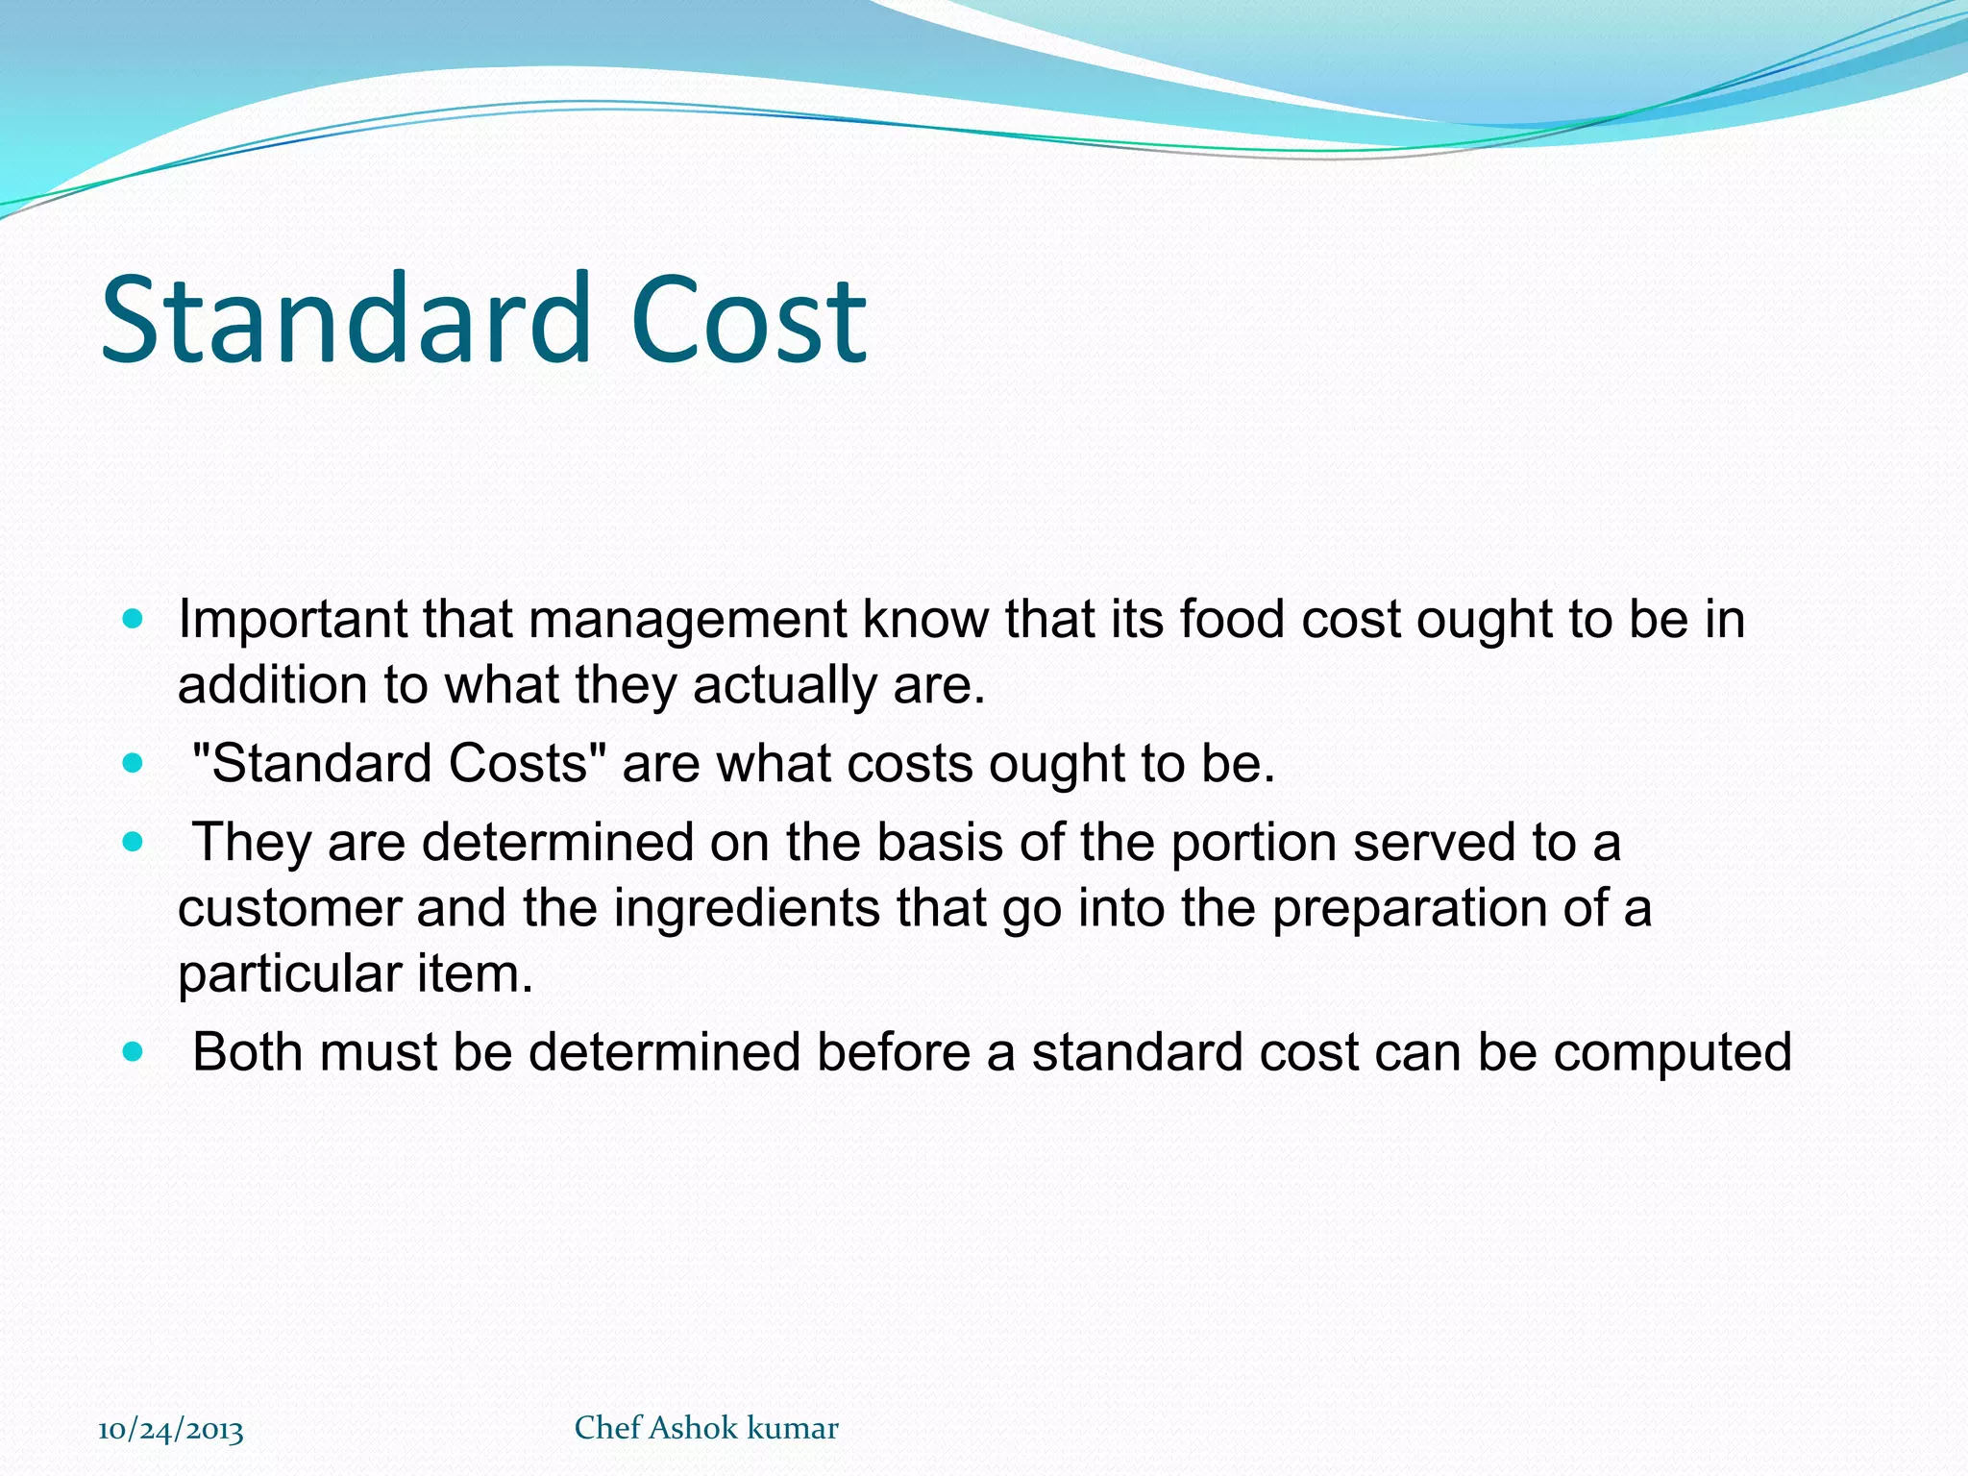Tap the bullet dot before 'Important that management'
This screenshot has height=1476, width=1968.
coord(133,619)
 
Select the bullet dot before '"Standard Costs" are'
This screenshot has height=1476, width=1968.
coord(133,765)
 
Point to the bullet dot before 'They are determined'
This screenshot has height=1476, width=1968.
coord(133,843)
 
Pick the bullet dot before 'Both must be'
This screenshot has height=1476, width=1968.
coord(133,1052)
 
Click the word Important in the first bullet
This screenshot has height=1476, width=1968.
coord(292,620)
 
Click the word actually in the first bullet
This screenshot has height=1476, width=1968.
coord(784,686)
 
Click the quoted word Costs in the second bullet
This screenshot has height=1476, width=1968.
coord(518,764)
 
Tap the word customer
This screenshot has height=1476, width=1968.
coord(289,909)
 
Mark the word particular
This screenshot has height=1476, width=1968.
coord(289,973)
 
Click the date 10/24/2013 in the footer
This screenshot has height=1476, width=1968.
coord(171,1430)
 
